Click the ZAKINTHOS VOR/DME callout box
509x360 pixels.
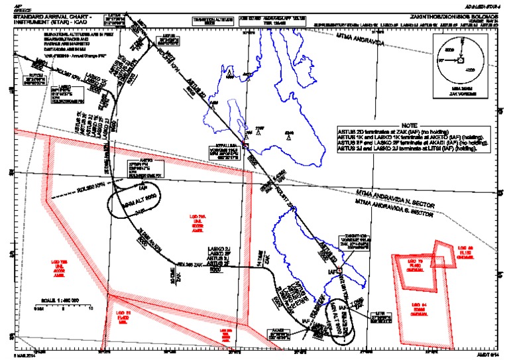(351, 241)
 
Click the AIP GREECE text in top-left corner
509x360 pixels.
(12, 5)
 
